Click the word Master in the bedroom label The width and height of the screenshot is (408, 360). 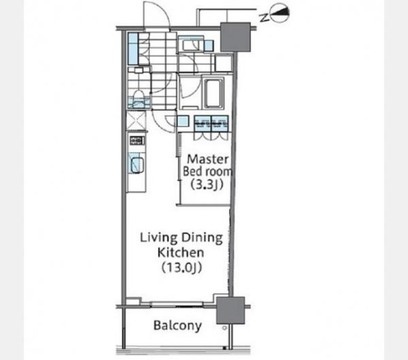pos(207,159)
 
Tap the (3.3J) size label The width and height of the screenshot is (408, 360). pos(207,184)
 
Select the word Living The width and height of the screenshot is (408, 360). pos(158,238)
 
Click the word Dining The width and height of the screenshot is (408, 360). pos(202,238)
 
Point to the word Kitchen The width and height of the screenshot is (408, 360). pos(181,252)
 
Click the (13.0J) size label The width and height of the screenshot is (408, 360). pos(182,267)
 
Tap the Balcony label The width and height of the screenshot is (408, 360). pos(177,325)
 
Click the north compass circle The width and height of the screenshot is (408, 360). pos(279,14)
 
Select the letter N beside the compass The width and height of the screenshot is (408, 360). pos(264,18)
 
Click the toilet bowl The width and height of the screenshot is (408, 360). pos(139,98)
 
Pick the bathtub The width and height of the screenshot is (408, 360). pos(214,93)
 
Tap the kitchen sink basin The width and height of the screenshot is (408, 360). pos(137,165)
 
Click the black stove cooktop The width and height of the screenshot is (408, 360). pos(137,141)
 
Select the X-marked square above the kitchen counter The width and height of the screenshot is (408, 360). pos(136,120)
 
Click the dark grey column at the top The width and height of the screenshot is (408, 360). pos(235,37)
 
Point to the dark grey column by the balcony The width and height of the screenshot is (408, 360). pos(231,310)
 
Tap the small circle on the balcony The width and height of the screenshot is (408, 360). pos(224,328)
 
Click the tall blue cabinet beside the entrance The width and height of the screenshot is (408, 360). pos(133,49)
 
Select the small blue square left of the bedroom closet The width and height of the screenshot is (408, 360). pos(182,121)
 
